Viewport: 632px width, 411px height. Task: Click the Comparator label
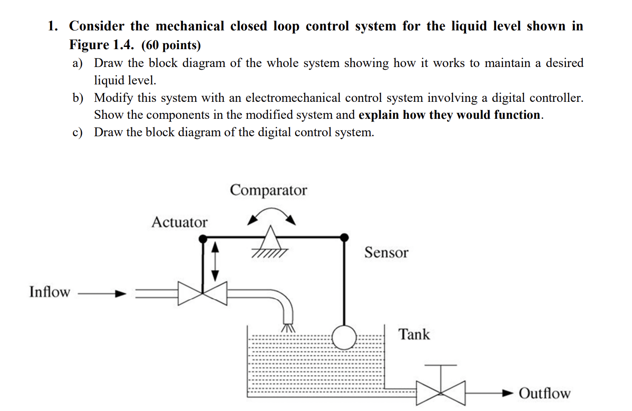pyautogui.click(x=268, y=190)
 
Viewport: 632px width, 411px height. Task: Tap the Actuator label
pyautogui.click(x=179, y=222)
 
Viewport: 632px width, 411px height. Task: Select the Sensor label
pyautogui.click(x=386, y=252)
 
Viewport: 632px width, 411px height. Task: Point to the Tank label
pyautogui.click(x=414, y=334)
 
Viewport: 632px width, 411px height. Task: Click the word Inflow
pyautogui.click(x=50, y=292)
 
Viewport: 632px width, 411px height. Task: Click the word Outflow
pyautogui.click(x=544, y=393)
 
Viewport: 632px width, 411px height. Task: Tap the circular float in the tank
pyautogui.click(x=344, y=337)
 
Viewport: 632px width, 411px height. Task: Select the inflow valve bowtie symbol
pyautogui.click(x=203, y=294)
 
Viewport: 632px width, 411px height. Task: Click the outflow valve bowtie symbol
pyautogui.click(x=441, y=393)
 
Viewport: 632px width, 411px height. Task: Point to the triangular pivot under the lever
pyautogui.click(x=271, y=237)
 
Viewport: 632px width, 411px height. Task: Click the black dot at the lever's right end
pyautogui.click(x=344, y=237)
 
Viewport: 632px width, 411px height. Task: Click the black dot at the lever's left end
pyautogui.click(x=203, y=239)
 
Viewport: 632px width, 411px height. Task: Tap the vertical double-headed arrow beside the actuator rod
pyautogui.click(x=215, y=261)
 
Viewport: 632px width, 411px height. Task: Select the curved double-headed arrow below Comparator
pyautogui.click(x=271, y=215)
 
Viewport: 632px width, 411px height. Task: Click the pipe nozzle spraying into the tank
pyautogui.click(x=288, y=327)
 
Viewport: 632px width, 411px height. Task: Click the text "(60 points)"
pyautogui.click(x=171, y=45)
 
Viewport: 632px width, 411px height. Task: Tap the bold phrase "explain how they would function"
pyautogui.click(x=449, y=115)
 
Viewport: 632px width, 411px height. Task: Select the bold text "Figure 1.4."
pyautogui.click(x=102, y=45)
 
